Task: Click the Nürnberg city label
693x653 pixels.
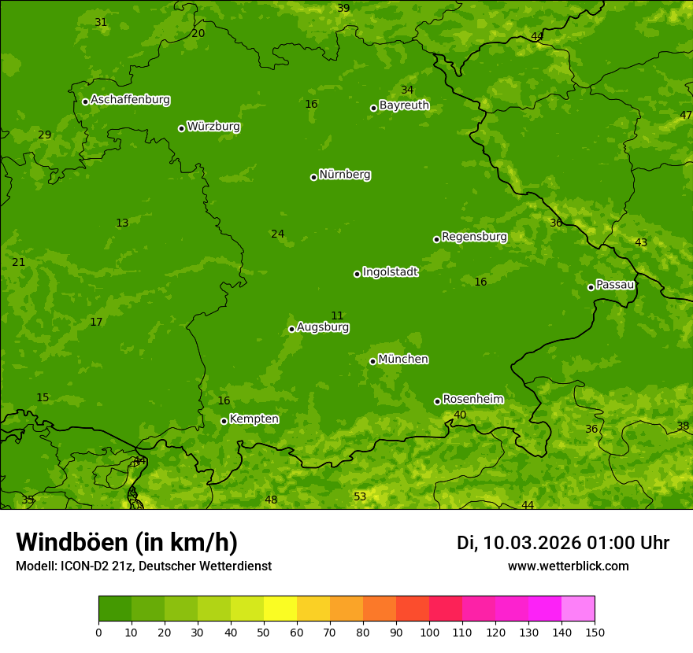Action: click(x=344, y=175)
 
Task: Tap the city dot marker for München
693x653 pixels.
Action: click(x=372, y=361)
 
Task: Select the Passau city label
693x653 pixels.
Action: click(x=615, y=285)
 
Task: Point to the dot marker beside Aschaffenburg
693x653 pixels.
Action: click(x=85, y=101)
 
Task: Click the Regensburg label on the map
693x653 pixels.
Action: click(x=474, y=237)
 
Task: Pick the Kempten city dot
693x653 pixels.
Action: click(x=224, y=421)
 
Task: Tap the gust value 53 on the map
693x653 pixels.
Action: click(x=360, y=496)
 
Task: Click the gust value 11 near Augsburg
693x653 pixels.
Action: click(x=337, y=315)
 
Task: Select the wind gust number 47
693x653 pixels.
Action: click(x=685, y=115)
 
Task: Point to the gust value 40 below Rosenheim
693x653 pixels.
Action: click(x=460, y=415)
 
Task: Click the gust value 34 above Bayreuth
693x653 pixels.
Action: click(x=406, y=90)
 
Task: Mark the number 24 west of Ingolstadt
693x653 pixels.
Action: click(x=277, y=234)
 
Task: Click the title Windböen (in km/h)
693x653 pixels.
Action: click(x=127, y=542)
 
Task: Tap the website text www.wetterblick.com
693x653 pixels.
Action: click(x=568, y=566)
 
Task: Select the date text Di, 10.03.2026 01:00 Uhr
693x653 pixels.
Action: click(x=563, y=543)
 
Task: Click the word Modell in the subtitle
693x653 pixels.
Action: click(x=35, y=566)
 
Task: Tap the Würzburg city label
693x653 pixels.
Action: click(x=213, y=127)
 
